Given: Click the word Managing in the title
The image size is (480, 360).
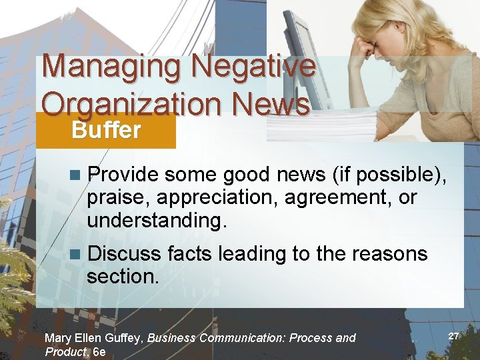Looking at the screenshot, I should click(111, 67).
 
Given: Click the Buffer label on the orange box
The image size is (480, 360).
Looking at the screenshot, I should click(106, 130).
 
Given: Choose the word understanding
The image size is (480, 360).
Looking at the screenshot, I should click(156, 221).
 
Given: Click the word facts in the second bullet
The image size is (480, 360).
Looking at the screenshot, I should click(189, 254).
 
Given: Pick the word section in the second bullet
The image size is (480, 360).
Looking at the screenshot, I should click(121, 276).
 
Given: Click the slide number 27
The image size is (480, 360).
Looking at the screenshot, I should click(454, 336).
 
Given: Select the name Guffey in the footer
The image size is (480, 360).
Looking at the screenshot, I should click(123, 338).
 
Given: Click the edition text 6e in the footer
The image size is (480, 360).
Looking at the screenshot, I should click(99, 352).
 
